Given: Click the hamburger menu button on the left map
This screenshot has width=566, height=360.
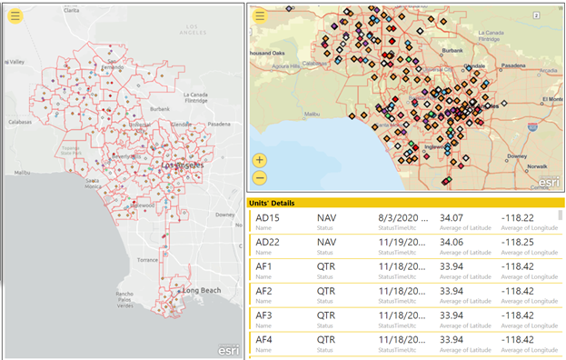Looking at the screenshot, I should (16, 16).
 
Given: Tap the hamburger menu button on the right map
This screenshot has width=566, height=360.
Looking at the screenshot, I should (260, 16).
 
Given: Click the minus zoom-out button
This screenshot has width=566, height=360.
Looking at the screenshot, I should (260, 178).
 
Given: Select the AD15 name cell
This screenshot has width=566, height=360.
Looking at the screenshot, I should (268, 218).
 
